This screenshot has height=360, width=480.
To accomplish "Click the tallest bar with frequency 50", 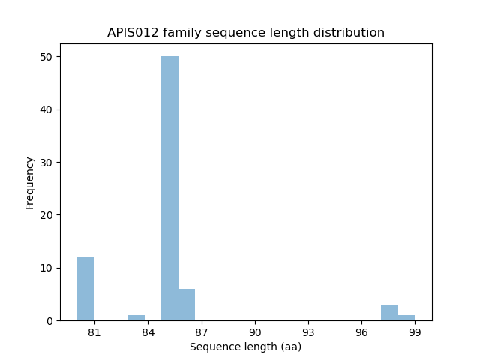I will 169,187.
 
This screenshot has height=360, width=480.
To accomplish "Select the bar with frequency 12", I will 85,289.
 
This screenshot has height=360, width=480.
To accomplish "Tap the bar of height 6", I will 187,304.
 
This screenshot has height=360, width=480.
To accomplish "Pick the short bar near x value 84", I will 136,317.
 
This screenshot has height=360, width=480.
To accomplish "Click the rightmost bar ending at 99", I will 406,317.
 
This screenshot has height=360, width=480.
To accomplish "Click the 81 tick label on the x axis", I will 94,332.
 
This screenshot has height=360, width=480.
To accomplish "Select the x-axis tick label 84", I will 148,332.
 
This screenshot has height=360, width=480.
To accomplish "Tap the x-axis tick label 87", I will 201,332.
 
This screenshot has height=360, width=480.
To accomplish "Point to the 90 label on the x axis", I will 255,332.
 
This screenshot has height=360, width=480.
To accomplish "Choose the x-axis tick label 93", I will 308,332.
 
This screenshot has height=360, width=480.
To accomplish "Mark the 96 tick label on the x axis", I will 361,332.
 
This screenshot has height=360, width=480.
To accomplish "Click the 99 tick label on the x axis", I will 415,332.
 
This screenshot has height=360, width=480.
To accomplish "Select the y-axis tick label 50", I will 46,57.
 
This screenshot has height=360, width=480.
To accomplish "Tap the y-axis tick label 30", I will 46,163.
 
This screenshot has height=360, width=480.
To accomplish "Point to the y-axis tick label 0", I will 49,321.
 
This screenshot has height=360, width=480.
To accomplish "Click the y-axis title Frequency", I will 30,183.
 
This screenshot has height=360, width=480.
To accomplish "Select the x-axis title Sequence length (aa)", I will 245,346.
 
